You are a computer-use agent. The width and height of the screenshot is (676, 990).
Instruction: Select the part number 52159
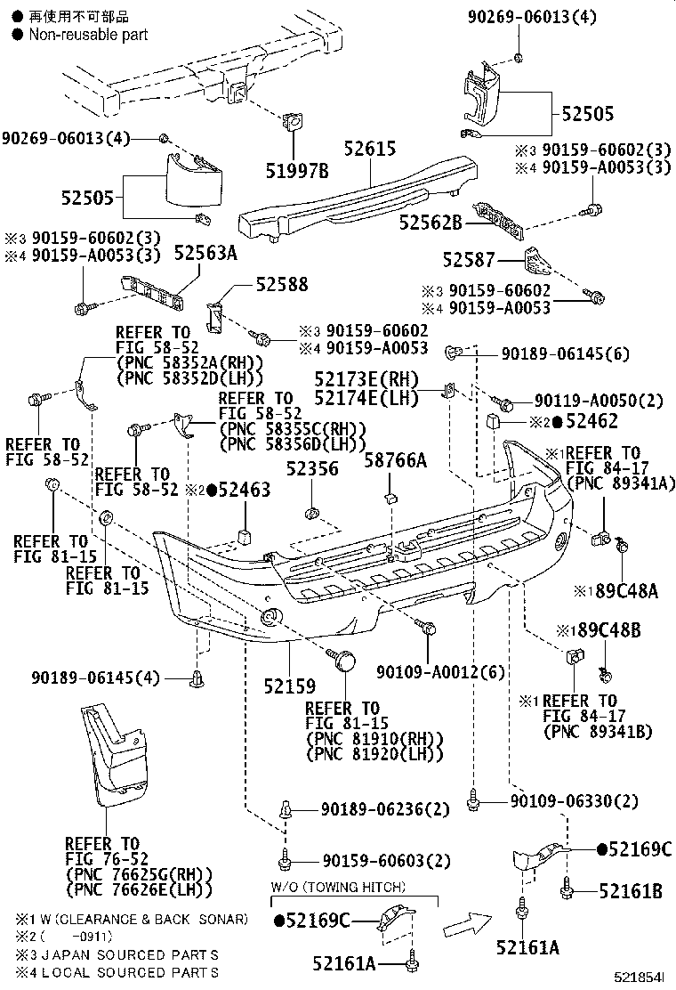(289, 686)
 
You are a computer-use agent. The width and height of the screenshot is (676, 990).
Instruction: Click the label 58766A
(395, 460)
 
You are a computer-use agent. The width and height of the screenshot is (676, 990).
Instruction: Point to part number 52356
(312, 469)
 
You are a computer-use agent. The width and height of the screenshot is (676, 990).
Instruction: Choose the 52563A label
(205, 254)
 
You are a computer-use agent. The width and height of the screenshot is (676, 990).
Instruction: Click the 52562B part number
(430, 223)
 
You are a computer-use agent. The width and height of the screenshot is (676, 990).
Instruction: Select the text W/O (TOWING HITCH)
(338, 888)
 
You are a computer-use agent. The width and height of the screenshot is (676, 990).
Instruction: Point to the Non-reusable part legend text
(88, 34)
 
